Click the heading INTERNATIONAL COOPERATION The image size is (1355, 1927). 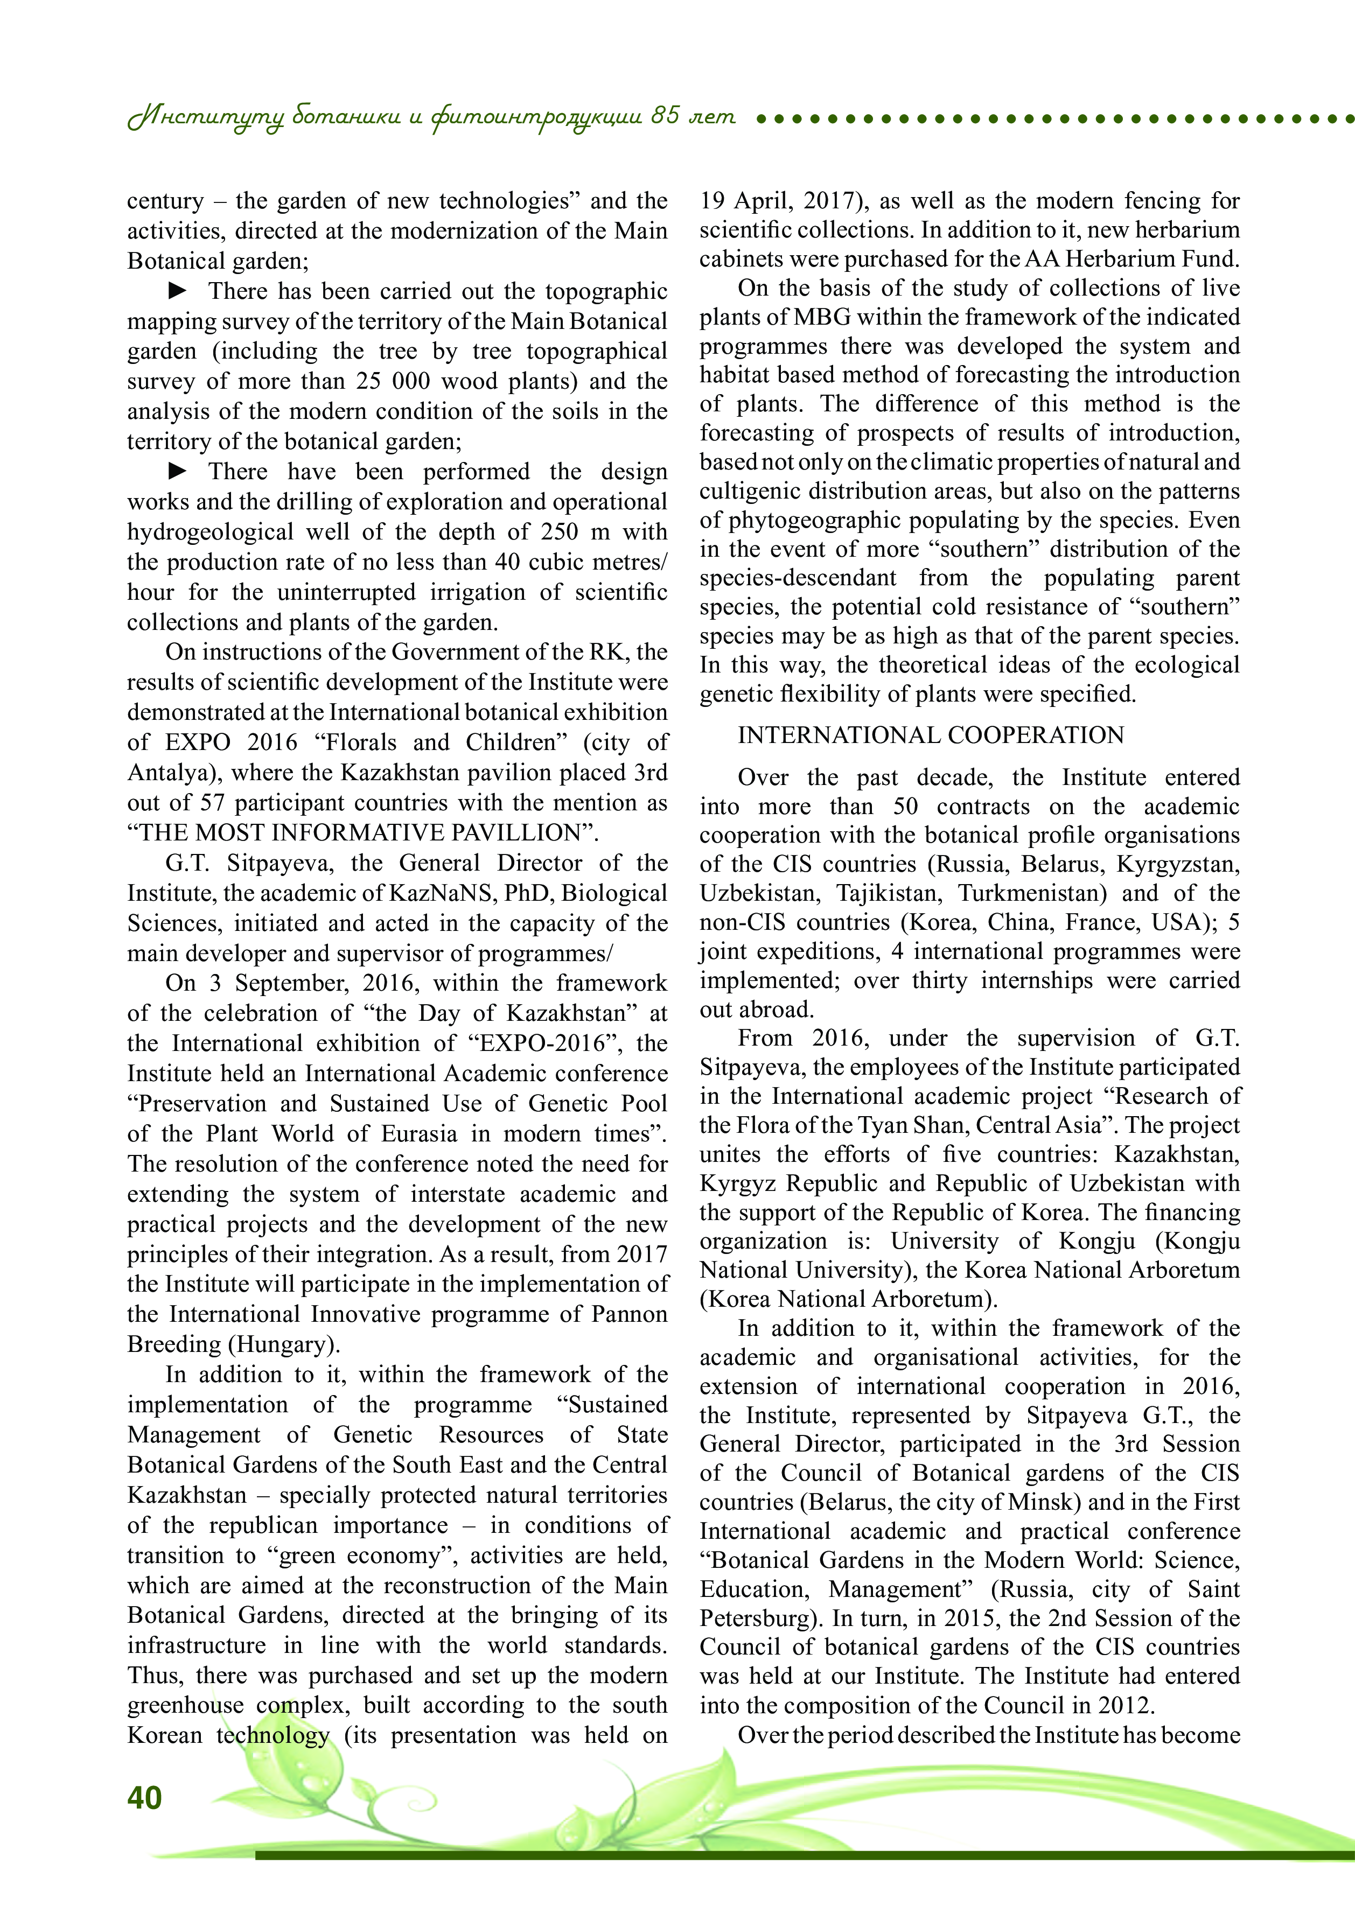[x=930, y=735]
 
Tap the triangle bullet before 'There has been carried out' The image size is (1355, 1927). [x=178, y=290]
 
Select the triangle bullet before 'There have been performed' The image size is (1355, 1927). [x=178, y=471]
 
